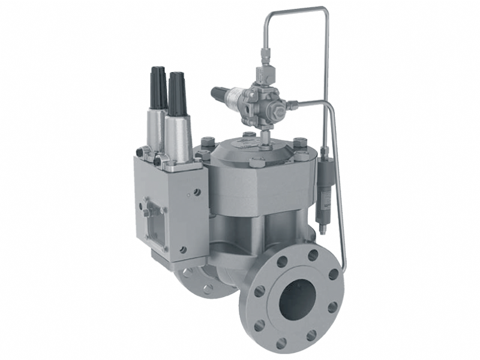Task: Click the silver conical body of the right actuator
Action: click(179, 135)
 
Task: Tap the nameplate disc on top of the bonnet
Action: click(247, 142)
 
